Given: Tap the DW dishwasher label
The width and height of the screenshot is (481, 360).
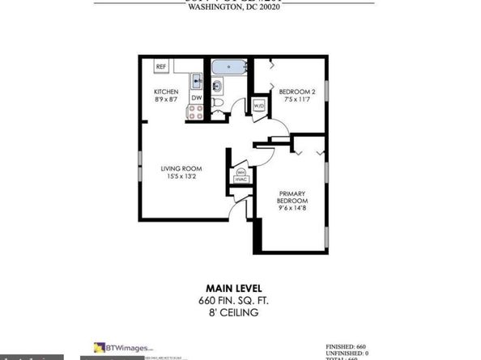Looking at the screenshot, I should point(196,98).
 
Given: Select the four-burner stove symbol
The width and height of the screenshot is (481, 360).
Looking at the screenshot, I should point(196,113).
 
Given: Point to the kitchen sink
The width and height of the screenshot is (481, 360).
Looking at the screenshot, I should point(197,79).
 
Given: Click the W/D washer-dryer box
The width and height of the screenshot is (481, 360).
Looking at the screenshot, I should point(259,106).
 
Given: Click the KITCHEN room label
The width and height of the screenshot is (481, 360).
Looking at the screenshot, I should point(166,91).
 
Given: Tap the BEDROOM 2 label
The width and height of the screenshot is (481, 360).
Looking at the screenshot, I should point(296,91).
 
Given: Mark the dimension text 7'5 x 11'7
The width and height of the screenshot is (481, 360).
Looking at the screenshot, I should point(296,100).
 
